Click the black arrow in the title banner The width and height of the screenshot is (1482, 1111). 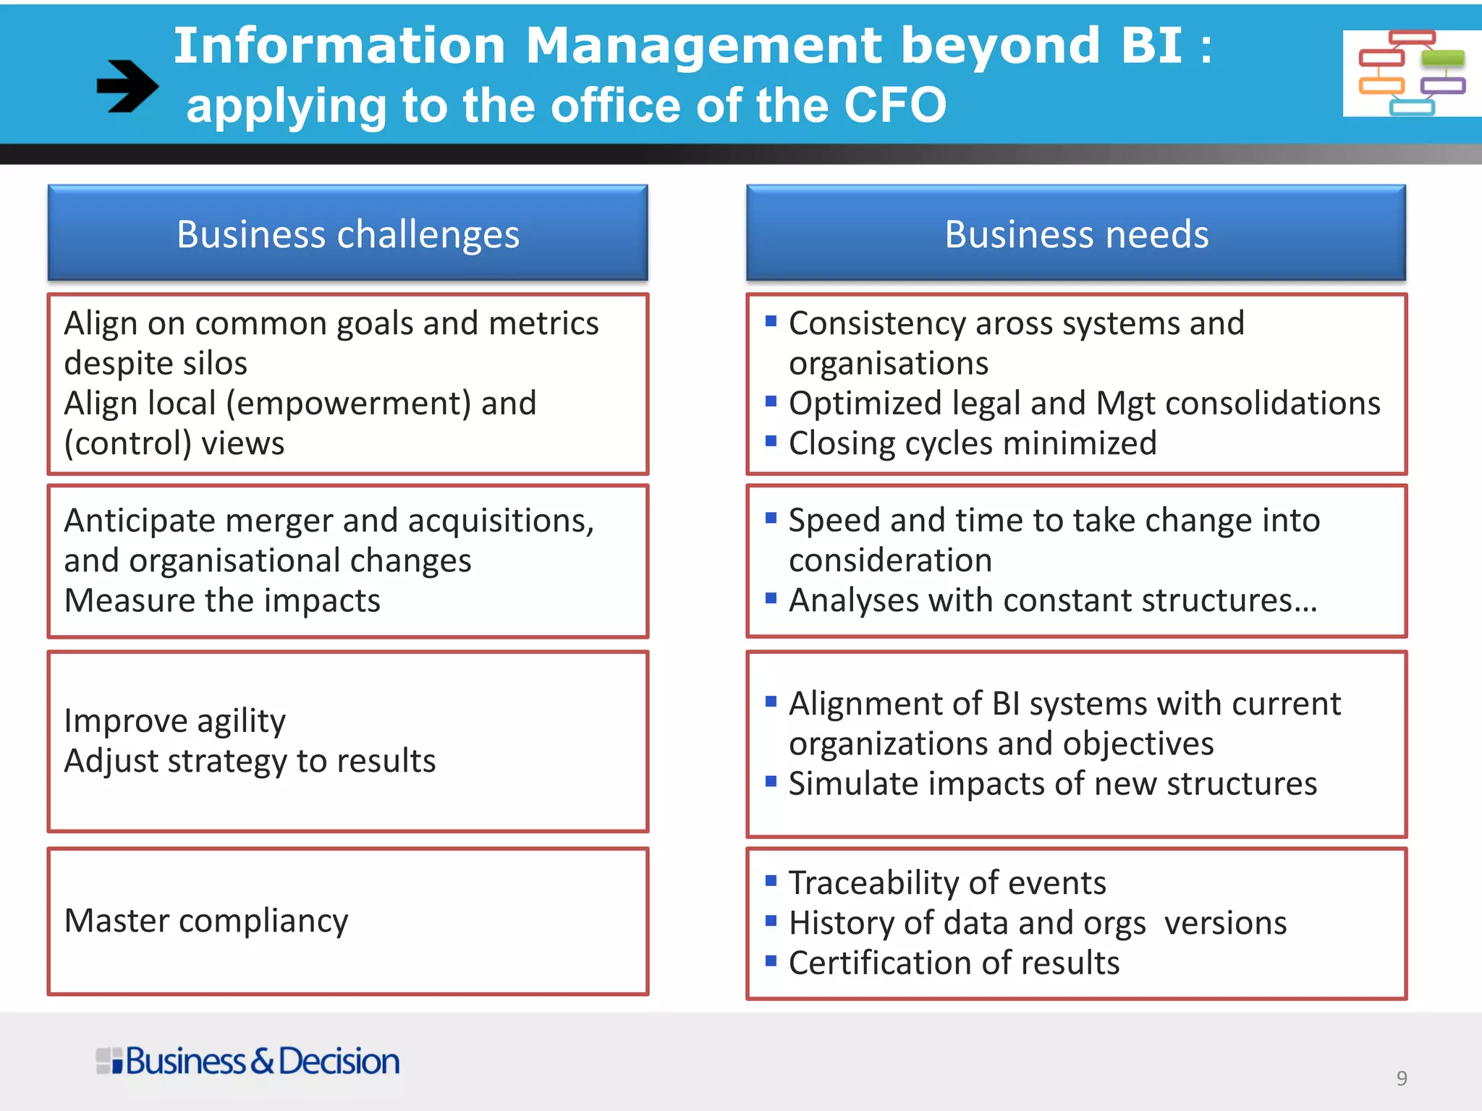pyautogui.click(x=127, y=86)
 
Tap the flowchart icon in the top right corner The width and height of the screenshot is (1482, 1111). pyautogui.click(x=1411, y=73)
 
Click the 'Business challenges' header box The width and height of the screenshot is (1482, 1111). pyautogui.click(x=347, y=234)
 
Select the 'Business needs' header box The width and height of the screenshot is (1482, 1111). pyautogui.click(x=1076, y=234)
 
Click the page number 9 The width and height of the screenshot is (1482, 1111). pyautogui.click(x=1402, y=1078)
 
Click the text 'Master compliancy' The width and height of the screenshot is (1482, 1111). pyautogui.click(x=206, y=921)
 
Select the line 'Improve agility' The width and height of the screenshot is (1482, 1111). pyautogui.click(x=175, y=720)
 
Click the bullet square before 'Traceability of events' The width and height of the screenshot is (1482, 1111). pyautogui.click(x=771, y=880)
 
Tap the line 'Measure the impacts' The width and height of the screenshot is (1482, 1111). pyautogui.click(x=222, y=600)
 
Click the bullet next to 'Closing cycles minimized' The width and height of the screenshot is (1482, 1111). pyautogui.click(x=771, y=440)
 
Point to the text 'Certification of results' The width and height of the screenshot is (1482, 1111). pyautogui.click(x=954, y=963)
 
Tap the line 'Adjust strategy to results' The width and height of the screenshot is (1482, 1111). pyautogui.click(x=250, y=761)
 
